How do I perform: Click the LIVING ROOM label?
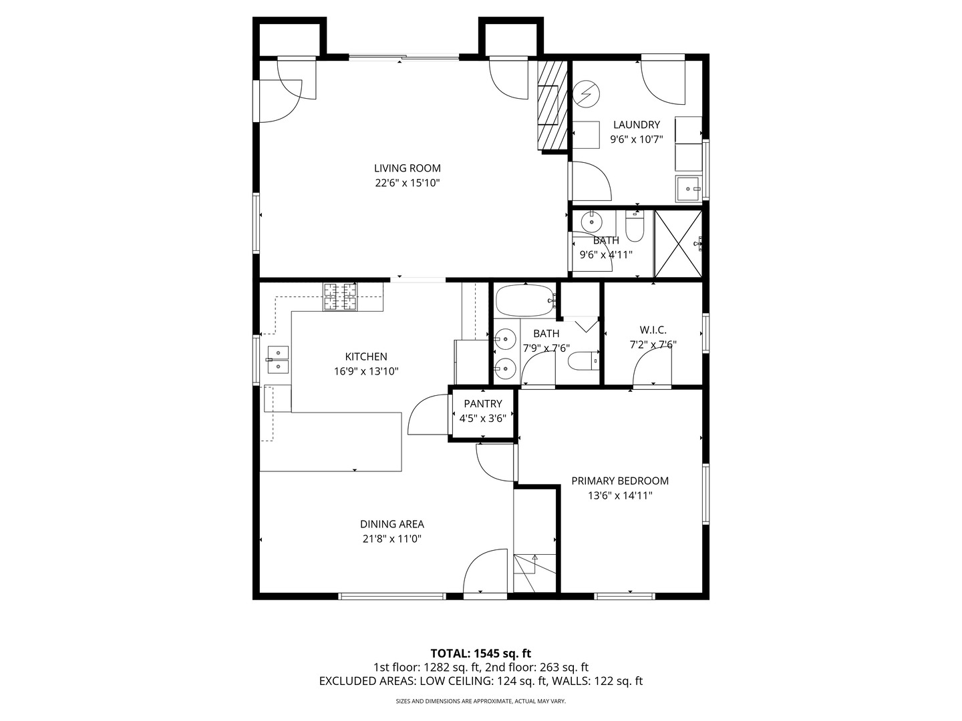(x=407, y=168)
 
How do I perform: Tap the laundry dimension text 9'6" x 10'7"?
(x=637, y=140)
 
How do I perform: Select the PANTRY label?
(x=483, y=404)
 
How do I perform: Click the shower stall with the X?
(x=678, y=244)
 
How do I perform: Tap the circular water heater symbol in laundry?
(x=586, y=94)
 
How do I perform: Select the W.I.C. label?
(x=653, y=330)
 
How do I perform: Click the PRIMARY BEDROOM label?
(x=620, y=481)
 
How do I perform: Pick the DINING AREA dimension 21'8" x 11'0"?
(x=391, y=539)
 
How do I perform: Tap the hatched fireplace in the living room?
(x=552, y=105)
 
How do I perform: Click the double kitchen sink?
(x=278, y=360)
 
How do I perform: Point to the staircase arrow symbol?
(x=534, y=565)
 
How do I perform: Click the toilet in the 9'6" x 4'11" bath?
(x=634, y=226)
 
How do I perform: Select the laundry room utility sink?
(x=689, y=189)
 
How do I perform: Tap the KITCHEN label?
(x=366, y=356)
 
